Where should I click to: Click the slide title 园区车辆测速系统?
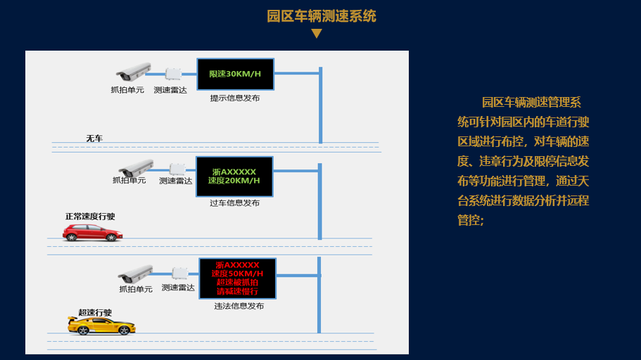click(322, 16)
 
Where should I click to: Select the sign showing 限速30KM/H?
click(236, 74)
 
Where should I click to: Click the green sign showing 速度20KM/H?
click(234, 176)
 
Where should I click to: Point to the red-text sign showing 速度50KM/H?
click(238, 278)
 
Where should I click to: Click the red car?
click(92, 233)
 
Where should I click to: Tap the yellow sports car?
click(101, 326)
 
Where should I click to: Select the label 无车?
click(94, 139)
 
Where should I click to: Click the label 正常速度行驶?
click(90, 216)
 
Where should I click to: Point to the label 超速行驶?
click(95, 313)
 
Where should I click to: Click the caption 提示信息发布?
click(235, 98)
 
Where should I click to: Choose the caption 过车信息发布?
click(234, 202)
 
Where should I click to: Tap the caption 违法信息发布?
click(239, 306)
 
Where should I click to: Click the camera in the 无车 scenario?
click(134, 72)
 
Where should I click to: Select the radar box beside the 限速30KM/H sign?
click(173, 74)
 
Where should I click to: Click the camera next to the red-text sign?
click(136, 274)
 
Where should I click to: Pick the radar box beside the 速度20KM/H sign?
click(177, 169)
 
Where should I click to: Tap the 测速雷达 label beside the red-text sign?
click(178, 288)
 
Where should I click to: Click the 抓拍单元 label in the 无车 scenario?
click(127, 90)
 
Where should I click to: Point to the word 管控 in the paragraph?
click(468, 220)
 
